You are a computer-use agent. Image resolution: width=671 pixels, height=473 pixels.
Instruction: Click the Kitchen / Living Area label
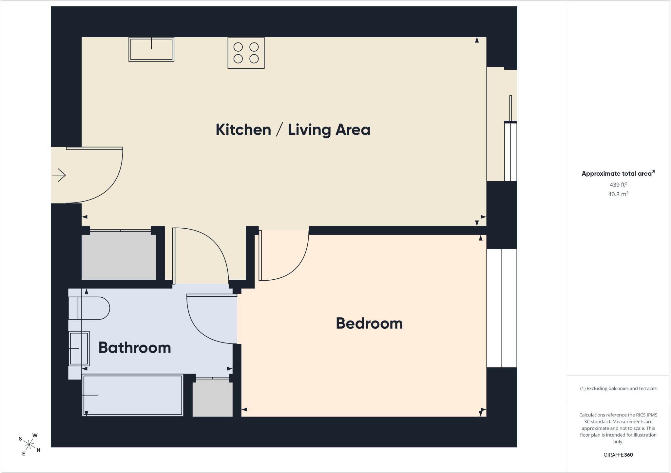point(293,130)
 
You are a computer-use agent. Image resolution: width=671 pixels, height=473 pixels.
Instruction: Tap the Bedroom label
point(369,323)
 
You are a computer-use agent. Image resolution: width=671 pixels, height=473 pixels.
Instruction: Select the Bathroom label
point(135,347)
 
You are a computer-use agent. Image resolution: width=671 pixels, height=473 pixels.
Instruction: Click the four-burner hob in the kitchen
point(246,53)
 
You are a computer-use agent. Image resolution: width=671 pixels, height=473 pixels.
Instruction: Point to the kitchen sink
point(151,49)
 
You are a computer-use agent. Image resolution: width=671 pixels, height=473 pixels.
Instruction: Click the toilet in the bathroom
point(89,308)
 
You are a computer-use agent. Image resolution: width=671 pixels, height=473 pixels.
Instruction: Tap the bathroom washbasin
point(79,349)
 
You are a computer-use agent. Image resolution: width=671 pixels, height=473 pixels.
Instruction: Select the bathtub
point(133,395)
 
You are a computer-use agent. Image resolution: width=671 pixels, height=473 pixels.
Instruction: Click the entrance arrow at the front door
point(59,175)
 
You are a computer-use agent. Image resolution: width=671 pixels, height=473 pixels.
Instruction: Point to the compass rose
point(29,444)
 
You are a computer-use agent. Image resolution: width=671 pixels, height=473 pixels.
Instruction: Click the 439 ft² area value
point(618,184)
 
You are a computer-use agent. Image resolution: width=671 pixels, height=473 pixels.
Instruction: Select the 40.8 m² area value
point(618,194)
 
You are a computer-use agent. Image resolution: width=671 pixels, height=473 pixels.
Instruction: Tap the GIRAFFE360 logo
point(618,455)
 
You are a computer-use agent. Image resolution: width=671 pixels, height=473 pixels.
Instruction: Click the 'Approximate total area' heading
point(618,173)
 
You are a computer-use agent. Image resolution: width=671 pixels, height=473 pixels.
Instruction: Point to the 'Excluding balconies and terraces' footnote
point(618,388)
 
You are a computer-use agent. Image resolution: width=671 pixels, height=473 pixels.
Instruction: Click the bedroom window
point(502,308)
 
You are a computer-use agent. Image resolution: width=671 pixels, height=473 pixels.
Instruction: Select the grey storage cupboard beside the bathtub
point(212,397)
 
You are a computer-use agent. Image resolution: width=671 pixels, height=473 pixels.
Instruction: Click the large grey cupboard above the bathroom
point(119,255)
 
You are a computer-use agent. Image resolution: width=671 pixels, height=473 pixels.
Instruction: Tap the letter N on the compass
point(38,450)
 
